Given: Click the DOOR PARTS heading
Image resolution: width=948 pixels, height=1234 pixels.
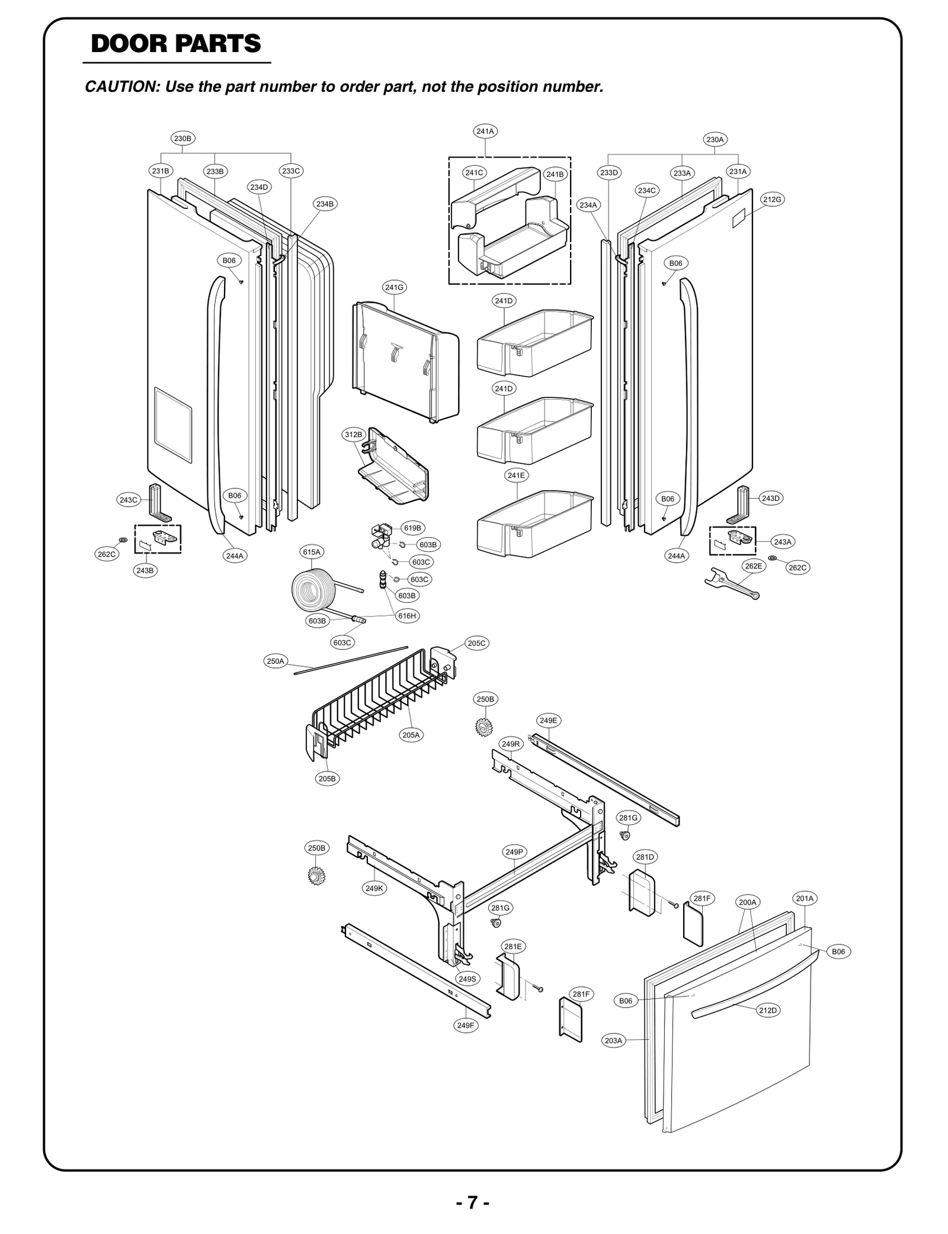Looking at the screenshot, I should (176, 44).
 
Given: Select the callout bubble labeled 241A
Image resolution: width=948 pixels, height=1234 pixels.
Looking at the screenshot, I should (485, 131).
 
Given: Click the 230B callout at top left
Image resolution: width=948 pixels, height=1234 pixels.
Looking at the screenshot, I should (182, 139).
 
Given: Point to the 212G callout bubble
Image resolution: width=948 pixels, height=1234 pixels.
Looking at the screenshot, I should (772, 200).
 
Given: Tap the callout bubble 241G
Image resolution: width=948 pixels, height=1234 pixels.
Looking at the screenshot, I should (394, 288).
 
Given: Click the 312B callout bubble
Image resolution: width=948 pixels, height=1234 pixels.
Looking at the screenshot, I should (353, 435).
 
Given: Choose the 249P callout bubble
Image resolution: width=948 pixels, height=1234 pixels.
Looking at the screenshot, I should (514, 852).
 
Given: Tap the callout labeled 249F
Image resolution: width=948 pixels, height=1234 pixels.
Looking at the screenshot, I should (466, 1026).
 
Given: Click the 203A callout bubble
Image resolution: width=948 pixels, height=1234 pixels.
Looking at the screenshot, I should (614, 1040).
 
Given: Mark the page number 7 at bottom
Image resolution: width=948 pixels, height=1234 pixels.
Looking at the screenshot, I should (472, 1203).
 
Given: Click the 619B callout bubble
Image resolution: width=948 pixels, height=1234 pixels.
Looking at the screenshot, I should (412, 528).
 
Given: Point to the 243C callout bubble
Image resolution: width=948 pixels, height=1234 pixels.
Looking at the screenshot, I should (128, 500).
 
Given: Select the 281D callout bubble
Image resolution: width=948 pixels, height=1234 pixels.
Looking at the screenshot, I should (645, 857).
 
